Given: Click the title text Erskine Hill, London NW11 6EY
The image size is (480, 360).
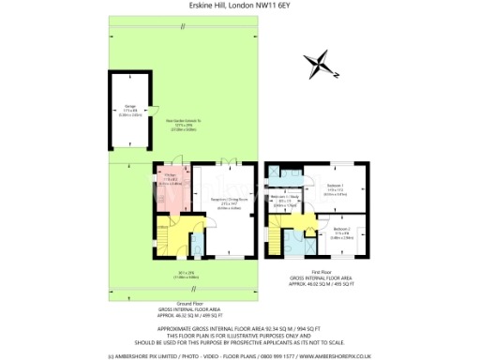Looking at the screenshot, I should point(240,6).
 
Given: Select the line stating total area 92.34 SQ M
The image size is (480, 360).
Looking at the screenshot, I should point(240,328).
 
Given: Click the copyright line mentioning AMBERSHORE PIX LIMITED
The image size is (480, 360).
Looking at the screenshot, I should point(240,355).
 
